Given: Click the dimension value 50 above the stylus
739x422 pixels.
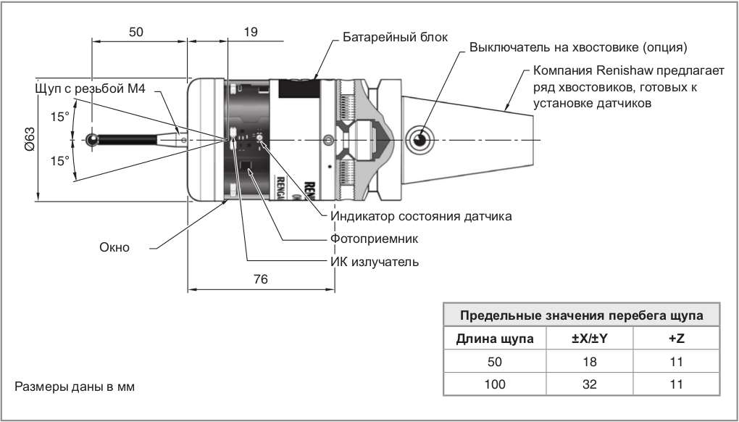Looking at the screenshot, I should point(135,32).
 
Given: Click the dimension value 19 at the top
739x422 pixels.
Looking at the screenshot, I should point(251,32).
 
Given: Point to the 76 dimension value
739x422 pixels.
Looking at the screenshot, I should point(261,279).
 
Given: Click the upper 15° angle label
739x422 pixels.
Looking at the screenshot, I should point(59,115).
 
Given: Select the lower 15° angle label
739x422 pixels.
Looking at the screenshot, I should point(59,160).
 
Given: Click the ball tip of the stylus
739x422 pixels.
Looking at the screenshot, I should point(92,139).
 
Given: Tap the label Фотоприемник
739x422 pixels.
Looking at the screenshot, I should point(375,238).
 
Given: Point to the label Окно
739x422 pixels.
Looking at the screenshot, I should point(114,247).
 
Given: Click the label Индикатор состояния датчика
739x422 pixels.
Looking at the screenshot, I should point(421,216).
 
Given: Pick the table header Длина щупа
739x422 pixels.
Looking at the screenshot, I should point(495,339).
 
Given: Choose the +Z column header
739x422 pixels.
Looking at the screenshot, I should point(677,339).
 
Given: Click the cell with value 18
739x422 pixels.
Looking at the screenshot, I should point(590,362).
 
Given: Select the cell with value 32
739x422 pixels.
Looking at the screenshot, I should point(590,384).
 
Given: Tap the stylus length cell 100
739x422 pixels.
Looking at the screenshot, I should point(495,384).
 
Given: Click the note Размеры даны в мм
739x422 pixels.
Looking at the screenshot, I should point(75,386).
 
